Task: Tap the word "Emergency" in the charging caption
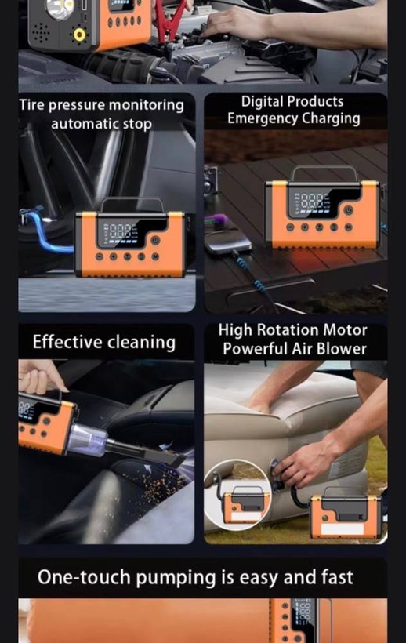pyautogui.click(x=263, y=118)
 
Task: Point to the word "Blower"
pyautogui.click(x=342, y=349)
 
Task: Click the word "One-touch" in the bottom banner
pyautogui.click(x=85, y=577)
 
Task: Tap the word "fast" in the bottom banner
pyautogui.click(x=337, y=576)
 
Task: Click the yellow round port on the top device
pyautogui.click(x=79, y=35)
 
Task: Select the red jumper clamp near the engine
pyautogui.click(x=168, y=20)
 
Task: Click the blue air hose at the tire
pyautogui.click(x=45, y=231)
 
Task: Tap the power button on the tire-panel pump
pyautogui.click(x=155, y=240)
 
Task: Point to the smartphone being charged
pyautogui.click(x=228, y=242)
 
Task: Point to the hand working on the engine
pyautogui.click(x=229, y=23)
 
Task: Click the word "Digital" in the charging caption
pyautogui.click(x=262, y=101)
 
